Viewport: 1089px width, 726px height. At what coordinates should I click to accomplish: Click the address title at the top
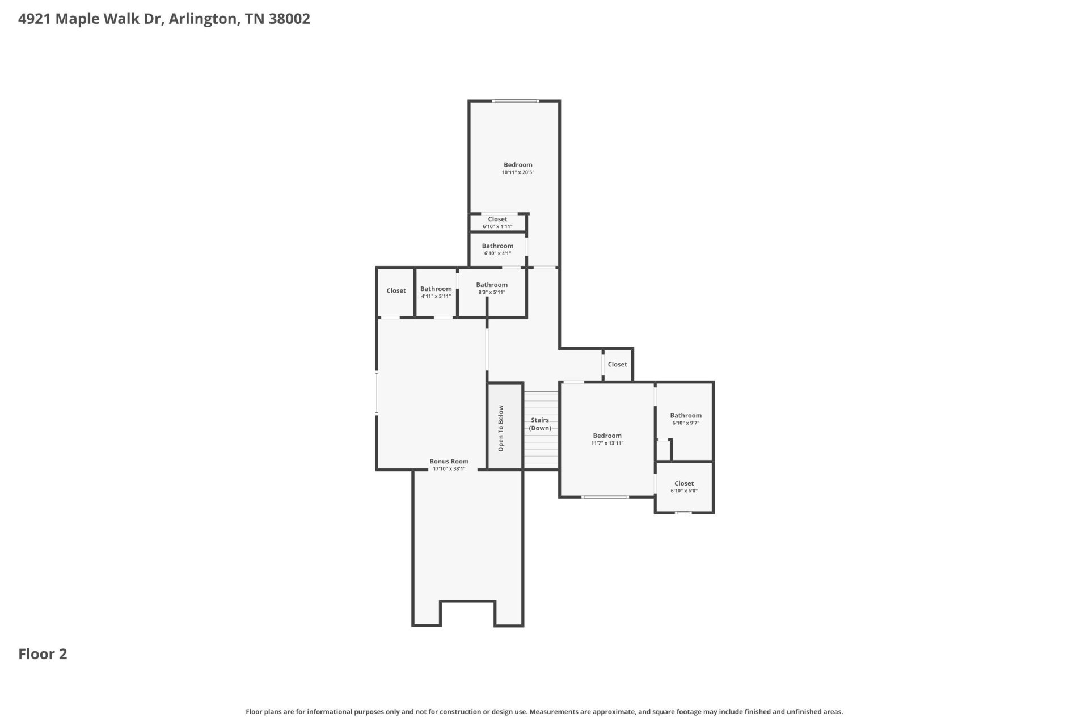coord(164,19)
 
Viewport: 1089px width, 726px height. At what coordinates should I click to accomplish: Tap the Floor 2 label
coord(43,654)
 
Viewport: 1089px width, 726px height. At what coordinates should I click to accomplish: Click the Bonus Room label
coord(449,462)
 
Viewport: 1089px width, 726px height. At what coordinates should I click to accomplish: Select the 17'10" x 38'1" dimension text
coord(449,469)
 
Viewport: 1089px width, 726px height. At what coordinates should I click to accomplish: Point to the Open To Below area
coord(505,427)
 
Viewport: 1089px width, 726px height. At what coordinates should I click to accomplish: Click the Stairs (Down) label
coord(540,424)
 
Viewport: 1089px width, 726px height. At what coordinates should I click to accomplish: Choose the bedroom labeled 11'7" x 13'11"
coord(607,440)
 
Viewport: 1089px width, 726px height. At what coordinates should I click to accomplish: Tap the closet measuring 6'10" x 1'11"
coord(497,222)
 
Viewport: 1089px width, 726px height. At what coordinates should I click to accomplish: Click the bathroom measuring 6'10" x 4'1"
coord(497,250)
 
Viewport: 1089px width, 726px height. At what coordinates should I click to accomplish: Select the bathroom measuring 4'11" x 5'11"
coord(436,292)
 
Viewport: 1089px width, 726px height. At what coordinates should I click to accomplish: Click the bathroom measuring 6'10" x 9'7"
coord(686,419)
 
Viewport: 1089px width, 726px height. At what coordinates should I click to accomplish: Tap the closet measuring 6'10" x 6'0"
coord(684,487)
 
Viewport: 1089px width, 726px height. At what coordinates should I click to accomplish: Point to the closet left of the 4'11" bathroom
coord(396,291)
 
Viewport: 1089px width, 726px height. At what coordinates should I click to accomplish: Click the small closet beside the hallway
coord(618,364)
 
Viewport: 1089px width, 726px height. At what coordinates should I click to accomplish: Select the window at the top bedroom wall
coord(516,101)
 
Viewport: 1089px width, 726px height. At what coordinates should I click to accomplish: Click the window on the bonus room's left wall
coord(377,392)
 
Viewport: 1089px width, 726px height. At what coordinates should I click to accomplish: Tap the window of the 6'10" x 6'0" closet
coord(683,513)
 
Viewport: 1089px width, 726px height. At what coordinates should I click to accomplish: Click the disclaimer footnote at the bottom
coord(544,712)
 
